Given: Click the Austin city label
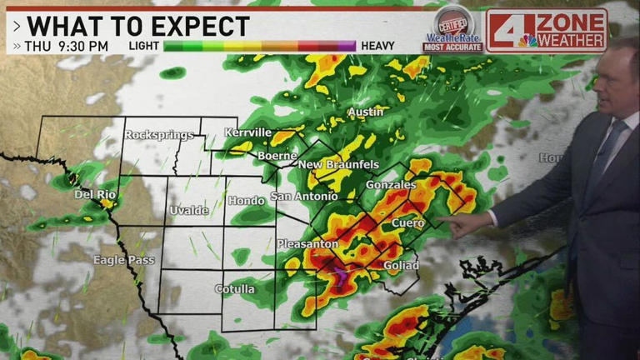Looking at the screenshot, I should coord(365,112).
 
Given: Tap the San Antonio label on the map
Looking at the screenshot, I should coord(304,197).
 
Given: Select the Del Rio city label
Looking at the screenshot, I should coord(94,194).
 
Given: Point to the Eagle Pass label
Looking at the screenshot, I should coord(123,260).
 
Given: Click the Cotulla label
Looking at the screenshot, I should coord(235,289).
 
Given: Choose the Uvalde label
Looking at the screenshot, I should coord(189,210).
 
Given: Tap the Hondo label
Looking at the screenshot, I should coord(246,200).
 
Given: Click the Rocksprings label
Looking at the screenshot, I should coord(159,134).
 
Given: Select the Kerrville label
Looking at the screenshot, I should coord(247,132).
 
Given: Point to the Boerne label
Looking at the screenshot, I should coord(277,155).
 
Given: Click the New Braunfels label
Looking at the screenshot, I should coord(338,164).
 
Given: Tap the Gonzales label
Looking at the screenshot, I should coord(391,185).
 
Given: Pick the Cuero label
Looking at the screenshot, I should coord(407,223).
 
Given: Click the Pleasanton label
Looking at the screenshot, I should coord(307,244).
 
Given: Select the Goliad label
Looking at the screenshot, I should coord(401,265).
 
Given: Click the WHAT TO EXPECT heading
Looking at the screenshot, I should coord(137,26).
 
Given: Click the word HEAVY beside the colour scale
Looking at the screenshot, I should coord(378,46).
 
